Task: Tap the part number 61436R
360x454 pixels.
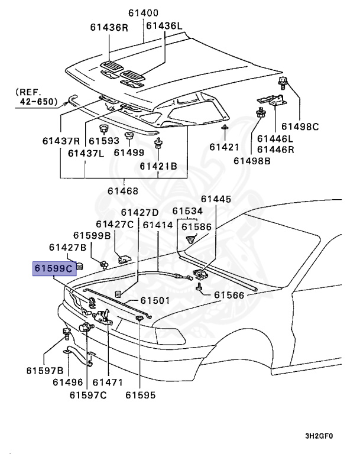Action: tap(109, 27)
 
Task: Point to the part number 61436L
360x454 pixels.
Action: tap(165, 27)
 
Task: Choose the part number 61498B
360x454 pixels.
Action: tap(252, 160)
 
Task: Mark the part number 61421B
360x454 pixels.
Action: tap(158, 166)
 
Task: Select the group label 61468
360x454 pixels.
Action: tap(122, 190)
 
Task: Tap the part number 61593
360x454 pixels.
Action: tap(104, 141)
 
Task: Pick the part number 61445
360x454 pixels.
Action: tap(216, 199)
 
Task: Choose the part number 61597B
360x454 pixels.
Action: tap(44, 370)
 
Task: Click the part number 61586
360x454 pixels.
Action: tap(196, 226)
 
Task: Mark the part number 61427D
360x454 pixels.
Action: tap(140, 212)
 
